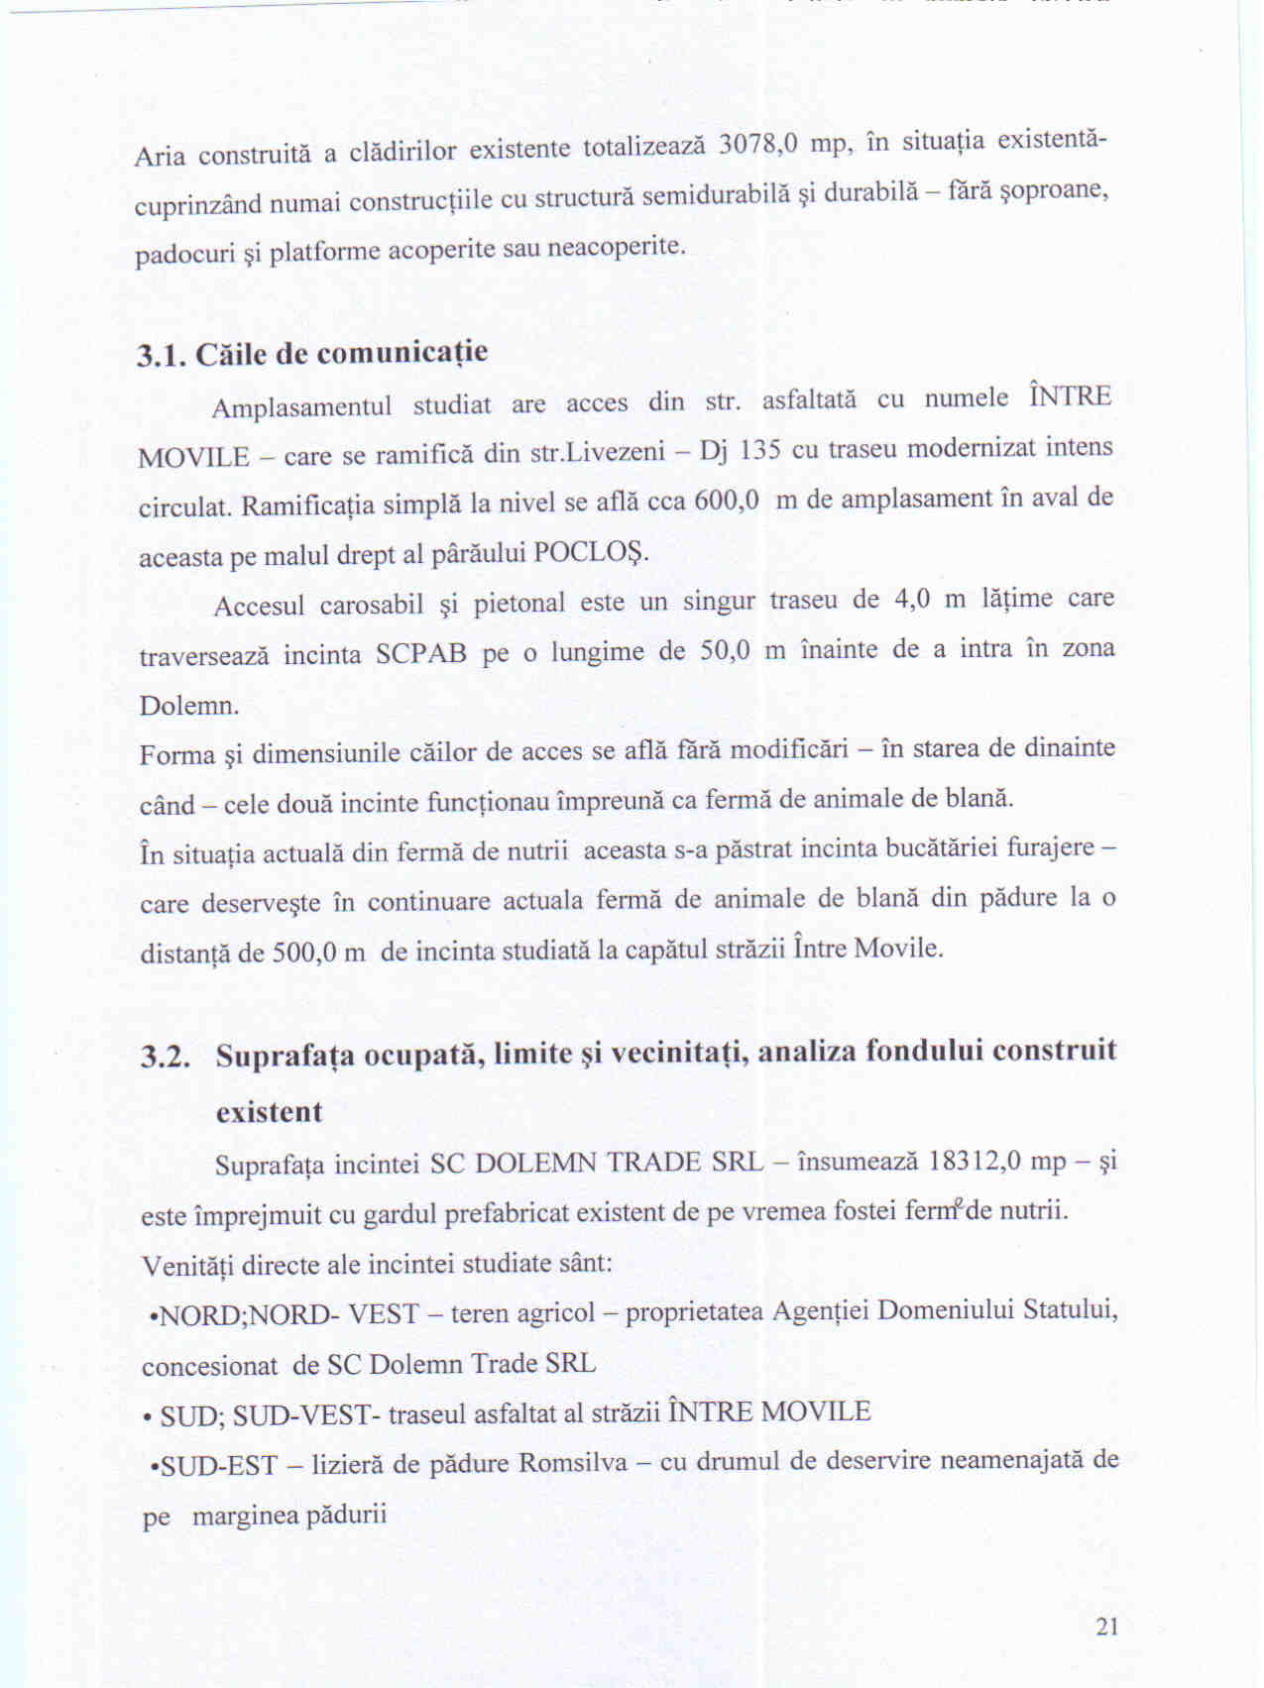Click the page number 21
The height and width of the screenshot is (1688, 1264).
coord(1107,1627)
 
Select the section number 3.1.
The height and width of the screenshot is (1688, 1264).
coord(162,356)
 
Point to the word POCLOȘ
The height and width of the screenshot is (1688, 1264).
coord(590,552)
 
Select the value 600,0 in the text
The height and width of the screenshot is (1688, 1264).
coord(727,501)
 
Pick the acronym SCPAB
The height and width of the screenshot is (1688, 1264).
coord(421,655)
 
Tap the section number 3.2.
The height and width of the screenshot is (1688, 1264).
coord(165,1057)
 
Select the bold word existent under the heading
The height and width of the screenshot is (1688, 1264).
coord(270,1111)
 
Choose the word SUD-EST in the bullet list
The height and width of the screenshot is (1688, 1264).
coord(218,1465)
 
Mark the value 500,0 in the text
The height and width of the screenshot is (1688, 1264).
coord(303,953)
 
